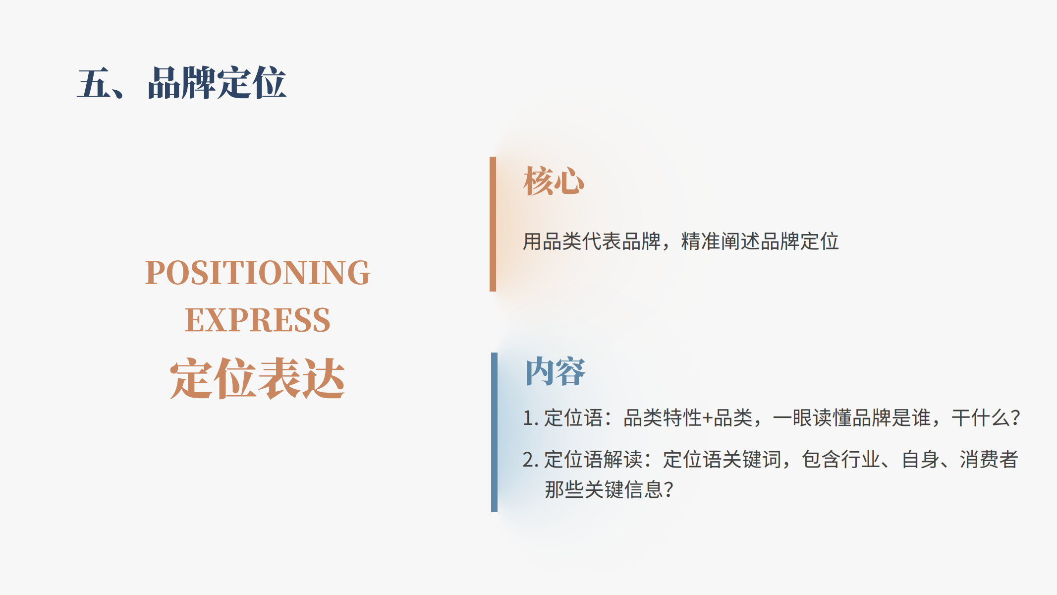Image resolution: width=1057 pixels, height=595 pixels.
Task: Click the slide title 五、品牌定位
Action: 181,83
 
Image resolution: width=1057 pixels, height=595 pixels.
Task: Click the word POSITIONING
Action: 258,273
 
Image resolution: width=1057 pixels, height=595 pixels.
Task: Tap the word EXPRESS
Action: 258,320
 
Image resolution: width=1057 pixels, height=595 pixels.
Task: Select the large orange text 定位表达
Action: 257,378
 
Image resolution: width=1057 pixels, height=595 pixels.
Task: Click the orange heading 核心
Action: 554,181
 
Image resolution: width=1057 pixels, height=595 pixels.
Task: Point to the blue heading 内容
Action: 555,371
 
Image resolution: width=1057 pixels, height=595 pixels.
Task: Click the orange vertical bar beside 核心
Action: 493,224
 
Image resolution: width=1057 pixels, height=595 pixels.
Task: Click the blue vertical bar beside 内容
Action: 494,432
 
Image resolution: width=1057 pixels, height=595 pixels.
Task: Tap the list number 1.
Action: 528,418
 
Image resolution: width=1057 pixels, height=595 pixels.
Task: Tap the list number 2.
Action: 528,460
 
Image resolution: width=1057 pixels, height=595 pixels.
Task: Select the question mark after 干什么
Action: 1015,418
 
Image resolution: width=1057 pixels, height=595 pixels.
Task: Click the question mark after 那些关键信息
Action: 668,490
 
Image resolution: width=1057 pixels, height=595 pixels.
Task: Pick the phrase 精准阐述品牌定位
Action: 760,241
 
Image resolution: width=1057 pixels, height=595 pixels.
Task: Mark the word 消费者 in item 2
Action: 989,460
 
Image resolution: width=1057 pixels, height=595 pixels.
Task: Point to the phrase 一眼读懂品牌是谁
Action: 852,418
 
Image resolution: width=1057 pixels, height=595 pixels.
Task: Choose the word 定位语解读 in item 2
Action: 594,460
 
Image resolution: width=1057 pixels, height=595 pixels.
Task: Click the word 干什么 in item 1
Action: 981,418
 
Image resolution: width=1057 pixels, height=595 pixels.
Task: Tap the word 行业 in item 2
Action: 861,460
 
